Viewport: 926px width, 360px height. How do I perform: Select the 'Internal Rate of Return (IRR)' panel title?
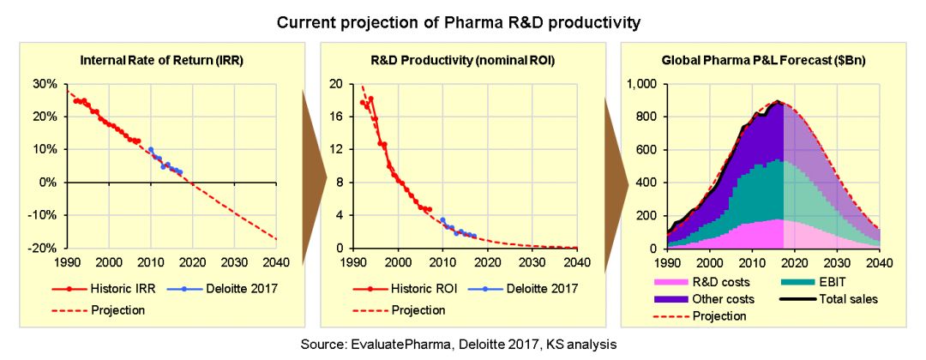click(159, 62)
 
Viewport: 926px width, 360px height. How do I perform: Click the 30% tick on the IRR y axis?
click(44, 84)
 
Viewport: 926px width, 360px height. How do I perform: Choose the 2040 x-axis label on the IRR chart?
click(276, 263)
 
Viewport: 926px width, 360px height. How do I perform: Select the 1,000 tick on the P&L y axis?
click(639, 84)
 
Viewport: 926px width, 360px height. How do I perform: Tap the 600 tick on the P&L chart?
click(644, 150)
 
